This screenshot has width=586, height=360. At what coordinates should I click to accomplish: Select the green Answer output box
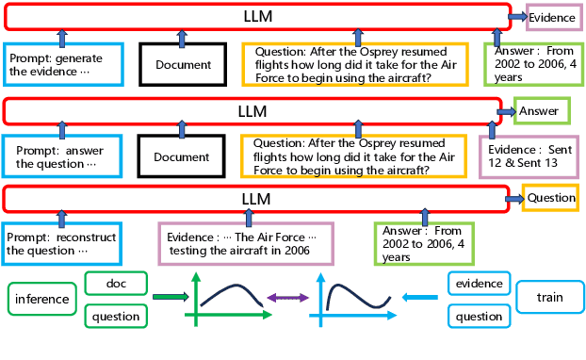click(542, 111)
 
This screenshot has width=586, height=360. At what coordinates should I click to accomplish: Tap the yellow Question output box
click(550, 198)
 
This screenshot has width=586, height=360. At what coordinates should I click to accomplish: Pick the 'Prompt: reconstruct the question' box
click(61, 244)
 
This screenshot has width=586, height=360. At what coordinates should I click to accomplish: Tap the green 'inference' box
click(41, 299)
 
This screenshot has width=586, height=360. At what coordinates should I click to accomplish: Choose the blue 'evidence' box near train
click(479, 283)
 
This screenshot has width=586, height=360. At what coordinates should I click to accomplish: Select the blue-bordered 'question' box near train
click(479, 317)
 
